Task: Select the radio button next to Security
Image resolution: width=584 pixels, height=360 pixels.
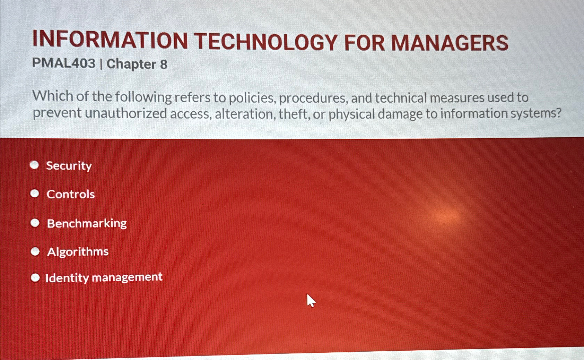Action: (x=34, y=165)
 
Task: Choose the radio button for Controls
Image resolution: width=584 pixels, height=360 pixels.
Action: (x=35, y=193)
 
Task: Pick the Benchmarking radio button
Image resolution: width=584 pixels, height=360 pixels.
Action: (x=35, y=223)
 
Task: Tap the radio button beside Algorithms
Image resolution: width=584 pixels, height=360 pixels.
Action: (x=35, y=251)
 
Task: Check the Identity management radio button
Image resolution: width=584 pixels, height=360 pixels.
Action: (x=35, y=277)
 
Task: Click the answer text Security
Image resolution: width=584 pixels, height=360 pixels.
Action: (x=69, y=166)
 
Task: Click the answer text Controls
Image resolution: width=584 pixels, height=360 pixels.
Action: (x=71, y=194)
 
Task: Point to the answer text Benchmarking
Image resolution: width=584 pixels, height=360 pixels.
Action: (x=87, y=223)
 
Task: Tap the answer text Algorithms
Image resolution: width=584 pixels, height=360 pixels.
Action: (x=78, y=252)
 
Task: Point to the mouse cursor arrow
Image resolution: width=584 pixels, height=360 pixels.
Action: (x=311, y=300)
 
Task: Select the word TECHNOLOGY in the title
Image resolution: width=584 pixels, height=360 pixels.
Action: (x=265, y=42)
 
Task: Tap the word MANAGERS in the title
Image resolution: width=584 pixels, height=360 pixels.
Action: (x=450, y=43)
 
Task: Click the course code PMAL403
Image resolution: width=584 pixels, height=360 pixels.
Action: (x=64, y=63)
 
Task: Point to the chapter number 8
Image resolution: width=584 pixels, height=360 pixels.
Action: (x=164, y=65)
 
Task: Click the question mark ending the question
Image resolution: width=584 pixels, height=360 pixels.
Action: (x=558, y=113)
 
